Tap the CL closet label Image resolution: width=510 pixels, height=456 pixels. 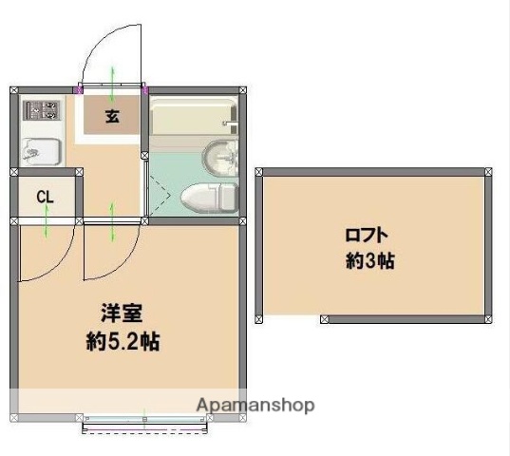pyautogui.click(x=45, y=197)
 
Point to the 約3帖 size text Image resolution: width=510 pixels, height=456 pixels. pyautogui.click(x=369, y=261)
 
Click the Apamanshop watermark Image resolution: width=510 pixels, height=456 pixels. pyautogui.click(x=255, y=405)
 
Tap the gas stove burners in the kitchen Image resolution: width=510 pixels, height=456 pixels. pyautogui.click(x=41, y=110)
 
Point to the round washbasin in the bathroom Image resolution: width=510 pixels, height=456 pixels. pyautogui.click(x=221, y=156)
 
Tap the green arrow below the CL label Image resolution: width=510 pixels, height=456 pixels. pyautogui.click(x=46, y=224)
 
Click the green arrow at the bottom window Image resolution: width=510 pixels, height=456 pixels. pyautogui.click(x=144, y=418)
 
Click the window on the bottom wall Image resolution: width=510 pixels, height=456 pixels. pyautogui.click(x=144, y=427)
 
